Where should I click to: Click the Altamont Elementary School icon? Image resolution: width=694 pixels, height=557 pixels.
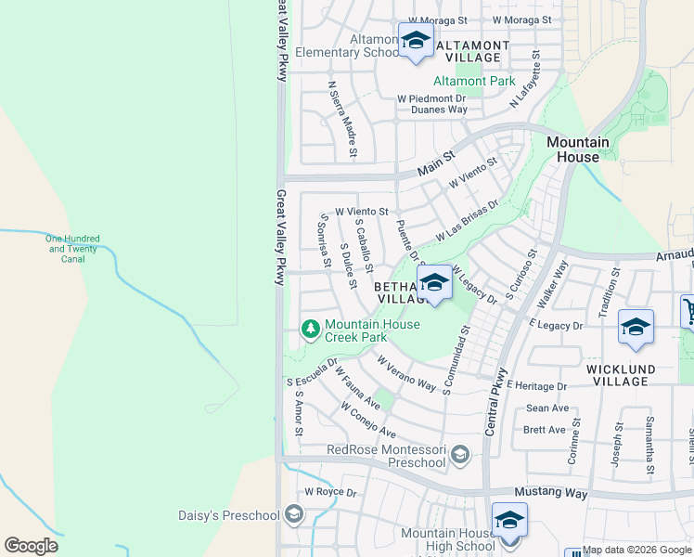pyautogui.click(x=416, y=41)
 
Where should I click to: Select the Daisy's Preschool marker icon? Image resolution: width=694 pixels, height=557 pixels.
pyautogui.click(x=294, y=514)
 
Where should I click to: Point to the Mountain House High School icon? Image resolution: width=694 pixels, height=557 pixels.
pyautogui.click(x=509, y=520)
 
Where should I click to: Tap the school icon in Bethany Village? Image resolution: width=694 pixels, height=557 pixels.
pyautogui.click(x=433, y=282)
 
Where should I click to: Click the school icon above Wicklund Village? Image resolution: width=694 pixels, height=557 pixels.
pyautogui.click(x=636, y=327)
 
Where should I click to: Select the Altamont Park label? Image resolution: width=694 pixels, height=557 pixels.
pyautogui.click(x=474, y=81)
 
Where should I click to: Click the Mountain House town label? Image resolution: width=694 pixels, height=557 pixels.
pyautogui.click(x=578, y=149)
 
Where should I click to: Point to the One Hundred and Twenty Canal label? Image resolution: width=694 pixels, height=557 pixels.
pyautogui.click(x=72, y=249)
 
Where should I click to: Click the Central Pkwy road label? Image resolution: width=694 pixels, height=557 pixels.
pyautogui.click(x=496, y=401)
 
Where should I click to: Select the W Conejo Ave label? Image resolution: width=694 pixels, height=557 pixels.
pyautogui.click(x=368, y=421)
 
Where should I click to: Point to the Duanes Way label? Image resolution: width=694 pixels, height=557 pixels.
pyautogui.click(x=431, y=109)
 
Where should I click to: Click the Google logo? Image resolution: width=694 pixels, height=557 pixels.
pyautogui.click(x=31, y=546)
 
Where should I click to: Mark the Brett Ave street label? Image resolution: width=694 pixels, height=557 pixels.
pyautogui.click(x=545, y=430)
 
